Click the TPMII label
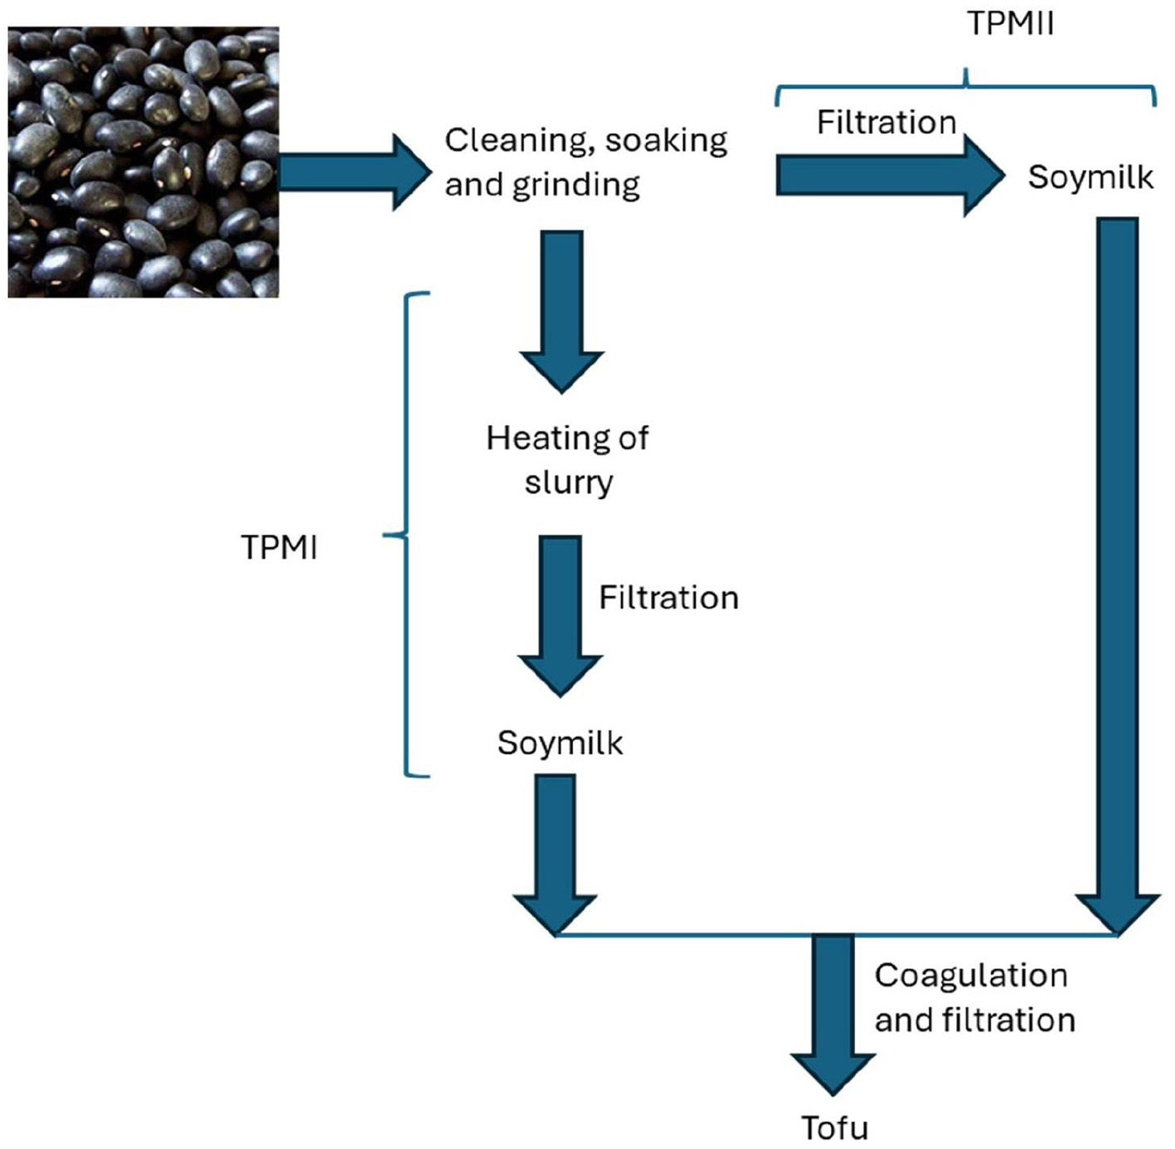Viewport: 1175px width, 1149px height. [1010, 23]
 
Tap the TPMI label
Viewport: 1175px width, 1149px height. [279, 548]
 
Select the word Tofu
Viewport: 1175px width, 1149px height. [834, 1128]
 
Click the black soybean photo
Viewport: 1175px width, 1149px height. [143, 162]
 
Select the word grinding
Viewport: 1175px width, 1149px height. [575, 185]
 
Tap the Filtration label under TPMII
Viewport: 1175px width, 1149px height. [886, 123]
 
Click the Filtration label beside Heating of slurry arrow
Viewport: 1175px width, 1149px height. [668, 598]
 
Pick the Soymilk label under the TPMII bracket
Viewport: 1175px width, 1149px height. [1090, 177]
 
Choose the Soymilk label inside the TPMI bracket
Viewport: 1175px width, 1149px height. [560, 743]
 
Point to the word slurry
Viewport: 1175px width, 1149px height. [569, 482]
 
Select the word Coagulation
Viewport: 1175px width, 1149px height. [970, 976]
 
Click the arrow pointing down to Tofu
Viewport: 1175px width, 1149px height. [833, 1011]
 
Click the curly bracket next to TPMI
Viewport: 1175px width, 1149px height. [409, 535]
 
